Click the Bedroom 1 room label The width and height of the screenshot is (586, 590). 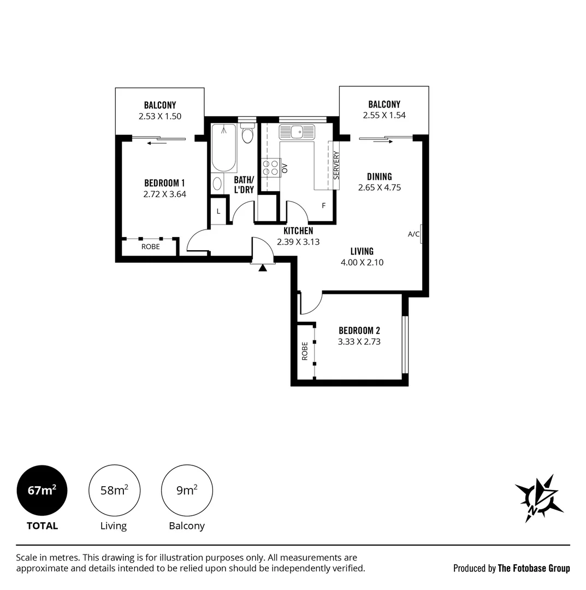(164, 183)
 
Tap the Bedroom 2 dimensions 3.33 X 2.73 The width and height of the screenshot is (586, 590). (359, 341)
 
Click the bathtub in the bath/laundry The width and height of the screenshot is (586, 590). (224, 148)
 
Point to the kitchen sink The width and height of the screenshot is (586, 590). (297, 132)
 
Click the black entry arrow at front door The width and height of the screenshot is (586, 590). (263, 268)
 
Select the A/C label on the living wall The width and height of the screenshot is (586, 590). (413, 234)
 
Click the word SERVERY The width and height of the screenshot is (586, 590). (336, 165)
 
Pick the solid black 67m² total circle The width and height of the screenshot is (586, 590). (42, 491)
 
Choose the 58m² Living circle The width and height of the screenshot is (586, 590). (114, 491)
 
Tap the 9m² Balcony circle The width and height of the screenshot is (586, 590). (187, 491)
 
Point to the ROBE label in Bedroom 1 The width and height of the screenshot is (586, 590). (150, 247)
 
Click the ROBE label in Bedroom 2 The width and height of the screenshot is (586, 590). (305, 351)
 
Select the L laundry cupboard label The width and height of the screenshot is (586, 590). (218, 212)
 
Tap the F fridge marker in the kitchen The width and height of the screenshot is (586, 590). (323, 206)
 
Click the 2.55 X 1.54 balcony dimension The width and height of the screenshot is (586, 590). (384, 115)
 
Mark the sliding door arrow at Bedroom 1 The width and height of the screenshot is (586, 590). (157, 143)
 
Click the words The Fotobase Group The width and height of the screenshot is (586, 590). (534, 568)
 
